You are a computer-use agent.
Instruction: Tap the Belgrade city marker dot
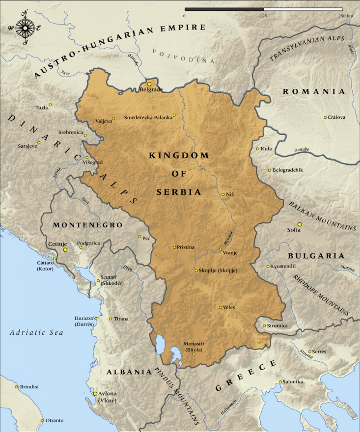tap(149, 84)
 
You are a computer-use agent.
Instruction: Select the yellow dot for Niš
tap(223, 194)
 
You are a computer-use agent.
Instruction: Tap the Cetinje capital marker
tap(65, 250)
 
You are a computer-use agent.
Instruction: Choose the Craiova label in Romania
tap(337, 117)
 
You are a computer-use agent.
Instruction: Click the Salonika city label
tap(293, 382)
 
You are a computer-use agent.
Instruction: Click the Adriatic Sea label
tap(37, 332)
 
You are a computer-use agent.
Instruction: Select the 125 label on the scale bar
tap(263, 16)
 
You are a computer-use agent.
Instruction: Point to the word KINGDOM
tap(179, 155)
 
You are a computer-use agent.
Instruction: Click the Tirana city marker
tap(110, 319)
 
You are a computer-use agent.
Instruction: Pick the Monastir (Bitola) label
tap(193, 347)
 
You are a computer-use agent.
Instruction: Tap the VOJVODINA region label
tap(184, 56)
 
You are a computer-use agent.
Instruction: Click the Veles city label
tap(229, 307)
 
